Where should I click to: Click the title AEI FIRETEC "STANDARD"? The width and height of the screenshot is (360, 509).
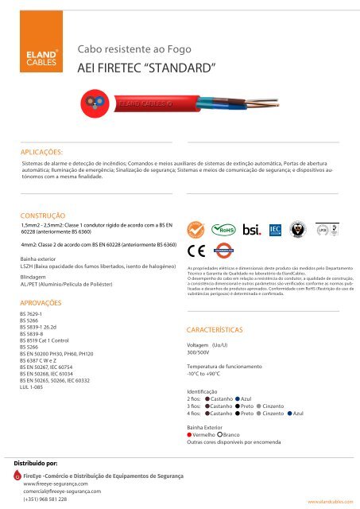146,68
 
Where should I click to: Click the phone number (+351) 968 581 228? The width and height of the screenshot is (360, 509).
45,499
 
